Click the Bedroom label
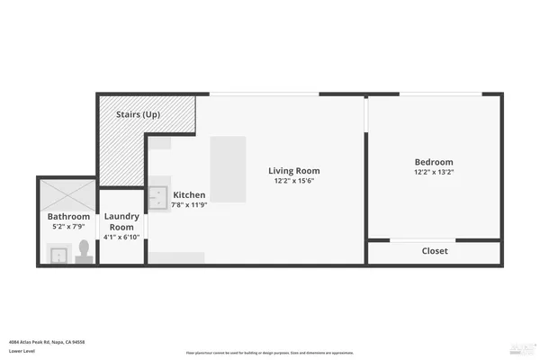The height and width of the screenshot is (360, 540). click(x=434, y=161)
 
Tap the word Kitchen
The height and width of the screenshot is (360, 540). click(x=190, y=194)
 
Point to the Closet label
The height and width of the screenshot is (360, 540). click(x=435, y=251)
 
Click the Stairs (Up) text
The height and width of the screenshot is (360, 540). click(x=139, y=115)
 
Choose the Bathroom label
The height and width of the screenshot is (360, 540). click(x=68, y=217)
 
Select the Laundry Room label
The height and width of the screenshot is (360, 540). click(x=121, y=221)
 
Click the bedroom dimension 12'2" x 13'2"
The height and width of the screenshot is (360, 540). click(x=434, y=172)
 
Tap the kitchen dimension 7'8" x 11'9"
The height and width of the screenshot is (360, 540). click(x=190, y=205)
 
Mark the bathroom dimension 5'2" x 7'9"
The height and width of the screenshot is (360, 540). click(x=68, y=228)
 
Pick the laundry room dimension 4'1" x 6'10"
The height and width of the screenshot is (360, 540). click(x=121, y=238)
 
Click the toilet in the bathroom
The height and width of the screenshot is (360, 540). click(x=84, y=249)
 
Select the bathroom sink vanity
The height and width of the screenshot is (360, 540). click(x=58, y=256)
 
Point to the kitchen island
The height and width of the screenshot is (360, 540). click(x=228, y=170)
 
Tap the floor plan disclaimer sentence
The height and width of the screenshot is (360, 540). click(x=270, y=353)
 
